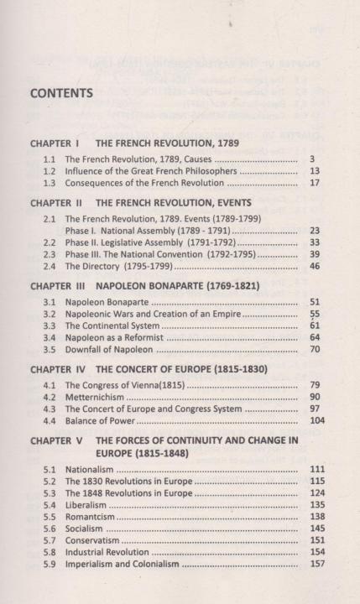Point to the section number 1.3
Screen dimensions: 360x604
[50, 183]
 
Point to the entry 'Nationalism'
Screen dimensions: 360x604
[89, 469]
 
